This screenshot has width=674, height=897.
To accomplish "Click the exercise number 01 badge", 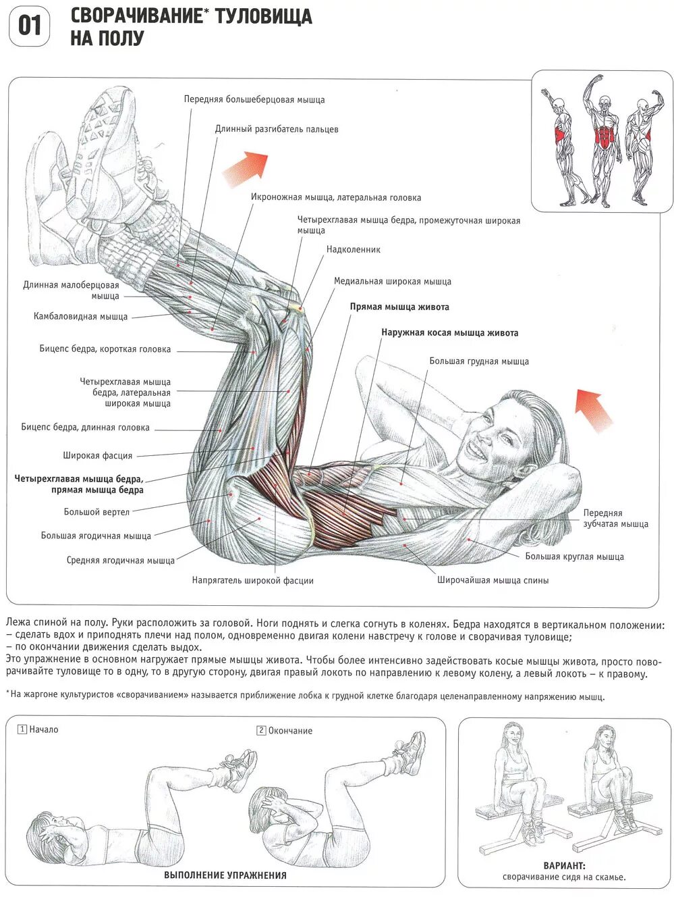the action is [x=29, y=26].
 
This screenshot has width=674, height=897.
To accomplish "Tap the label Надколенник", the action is [x=353, y=249].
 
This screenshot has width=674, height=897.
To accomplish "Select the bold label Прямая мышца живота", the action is [x=399, y=307].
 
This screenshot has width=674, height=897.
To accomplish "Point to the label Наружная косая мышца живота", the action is [x=449, y=332].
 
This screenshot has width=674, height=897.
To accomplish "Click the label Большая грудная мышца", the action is [x=478, y=361].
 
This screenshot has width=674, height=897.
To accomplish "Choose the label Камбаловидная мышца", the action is [x=80, y=316].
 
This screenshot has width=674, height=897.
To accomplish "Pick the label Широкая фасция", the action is [x=97, y=455].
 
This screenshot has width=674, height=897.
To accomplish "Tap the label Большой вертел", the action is [x=96, y=512].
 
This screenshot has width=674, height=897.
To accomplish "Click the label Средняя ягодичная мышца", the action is [x=120, y=560].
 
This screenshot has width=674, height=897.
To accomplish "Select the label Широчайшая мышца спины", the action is [x=493, y=580].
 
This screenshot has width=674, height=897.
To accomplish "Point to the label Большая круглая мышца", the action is [x=574, y=557].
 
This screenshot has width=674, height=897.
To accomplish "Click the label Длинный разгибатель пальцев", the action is [x=277, y=129].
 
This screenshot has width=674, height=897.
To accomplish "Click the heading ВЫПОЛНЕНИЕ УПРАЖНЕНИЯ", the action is [x=225, y=875].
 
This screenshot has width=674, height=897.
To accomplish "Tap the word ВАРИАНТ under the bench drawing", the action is [x=564, y=865].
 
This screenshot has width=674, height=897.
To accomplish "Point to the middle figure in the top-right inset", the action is [x=605, y=140].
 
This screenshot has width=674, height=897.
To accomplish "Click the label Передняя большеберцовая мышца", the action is [x=254, y=99].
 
